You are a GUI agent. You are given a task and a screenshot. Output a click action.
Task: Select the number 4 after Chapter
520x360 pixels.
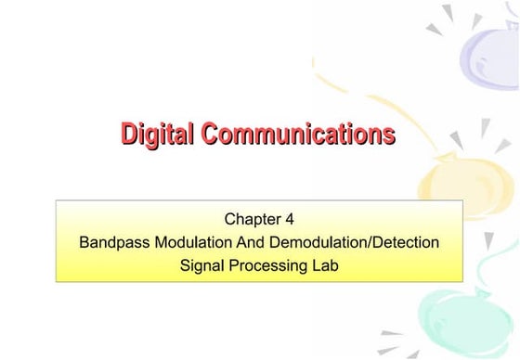point(291,220)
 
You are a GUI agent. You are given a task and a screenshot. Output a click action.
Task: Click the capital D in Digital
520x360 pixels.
point(130,135)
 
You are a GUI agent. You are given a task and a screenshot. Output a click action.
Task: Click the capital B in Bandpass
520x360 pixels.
point(85,243)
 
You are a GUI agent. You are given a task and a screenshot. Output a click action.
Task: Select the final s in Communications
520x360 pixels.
point(390,135)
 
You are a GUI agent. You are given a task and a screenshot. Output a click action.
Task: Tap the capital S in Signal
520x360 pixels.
point(185,265)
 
